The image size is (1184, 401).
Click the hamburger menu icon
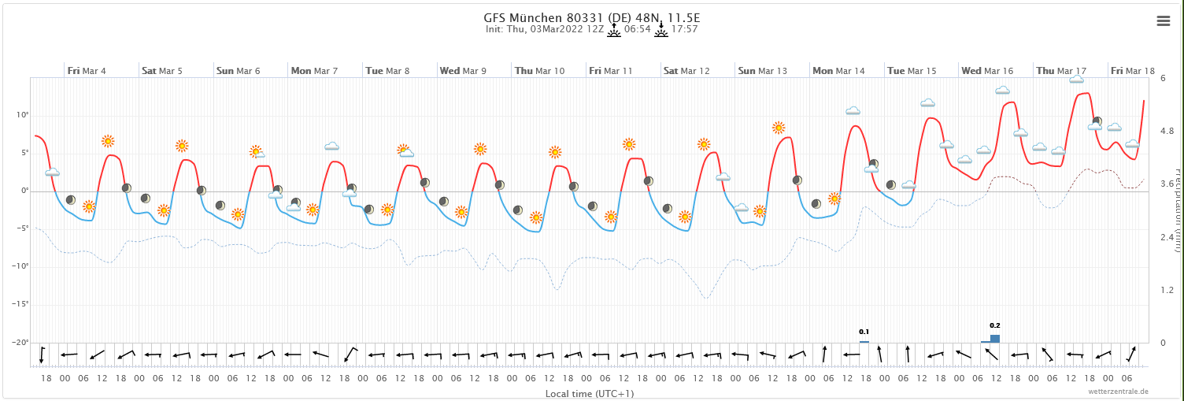(1163, 21)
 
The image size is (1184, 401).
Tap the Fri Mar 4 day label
(87, 71)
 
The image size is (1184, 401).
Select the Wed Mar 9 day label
(463, 71)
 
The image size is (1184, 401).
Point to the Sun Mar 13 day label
(762, 71)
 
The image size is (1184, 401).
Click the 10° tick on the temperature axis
(22, 116)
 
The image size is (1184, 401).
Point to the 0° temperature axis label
(24, 191)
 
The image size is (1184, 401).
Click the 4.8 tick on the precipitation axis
(1167, 131)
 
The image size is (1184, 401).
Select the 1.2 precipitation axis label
(1167, 291)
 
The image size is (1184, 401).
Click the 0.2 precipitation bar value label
(994, 325)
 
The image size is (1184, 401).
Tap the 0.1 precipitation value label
(864, 332)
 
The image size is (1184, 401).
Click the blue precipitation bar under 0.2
(994, 338)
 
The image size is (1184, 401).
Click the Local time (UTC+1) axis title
(590, 393)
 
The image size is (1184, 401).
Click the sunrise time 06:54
(637, 29)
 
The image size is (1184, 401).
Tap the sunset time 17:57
(685, 29)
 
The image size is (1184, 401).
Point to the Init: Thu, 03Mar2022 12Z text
(545, 29)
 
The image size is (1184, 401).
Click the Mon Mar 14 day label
(838, 71)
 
